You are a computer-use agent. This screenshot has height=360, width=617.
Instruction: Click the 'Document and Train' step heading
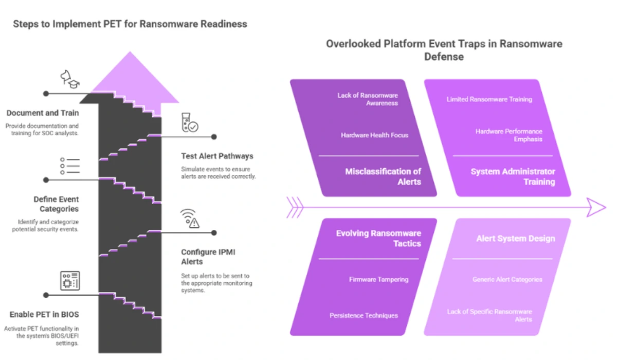(42, 113)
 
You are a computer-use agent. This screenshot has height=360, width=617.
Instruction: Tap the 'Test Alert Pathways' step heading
(217, 156)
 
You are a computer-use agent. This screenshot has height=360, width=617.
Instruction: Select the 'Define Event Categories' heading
(56, 204)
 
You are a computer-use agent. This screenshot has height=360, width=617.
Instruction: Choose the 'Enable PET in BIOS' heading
(44, 314)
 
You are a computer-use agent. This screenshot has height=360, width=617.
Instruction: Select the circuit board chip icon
(69, 281)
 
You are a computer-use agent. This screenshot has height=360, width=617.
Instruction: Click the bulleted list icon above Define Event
(69, 166)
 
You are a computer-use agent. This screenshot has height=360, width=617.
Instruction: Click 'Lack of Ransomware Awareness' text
(367, 99)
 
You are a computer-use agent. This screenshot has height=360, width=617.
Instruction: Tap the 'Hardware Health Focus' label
(374, 135)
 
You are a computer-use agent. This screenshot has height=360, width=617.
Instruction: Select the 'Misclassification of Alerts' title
(383, 176)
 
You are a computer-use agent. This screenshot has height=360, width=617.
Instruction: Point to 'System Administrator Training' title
(513, 176)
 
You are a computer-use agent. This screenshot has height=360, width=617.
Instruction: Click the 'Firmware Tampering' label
(378, 279)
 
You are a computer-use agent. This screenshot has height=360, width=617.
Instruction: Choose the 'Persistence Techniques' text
(364, 315)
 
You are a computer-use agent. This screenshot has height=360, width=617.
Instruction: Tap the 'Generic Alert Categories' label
(507, 279)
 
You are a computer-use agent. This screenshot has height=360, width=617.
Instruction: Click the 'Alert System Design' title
(515, 238)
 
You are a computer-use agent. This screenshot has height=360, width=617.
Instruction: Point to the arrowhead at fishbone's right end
(596, 207)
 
